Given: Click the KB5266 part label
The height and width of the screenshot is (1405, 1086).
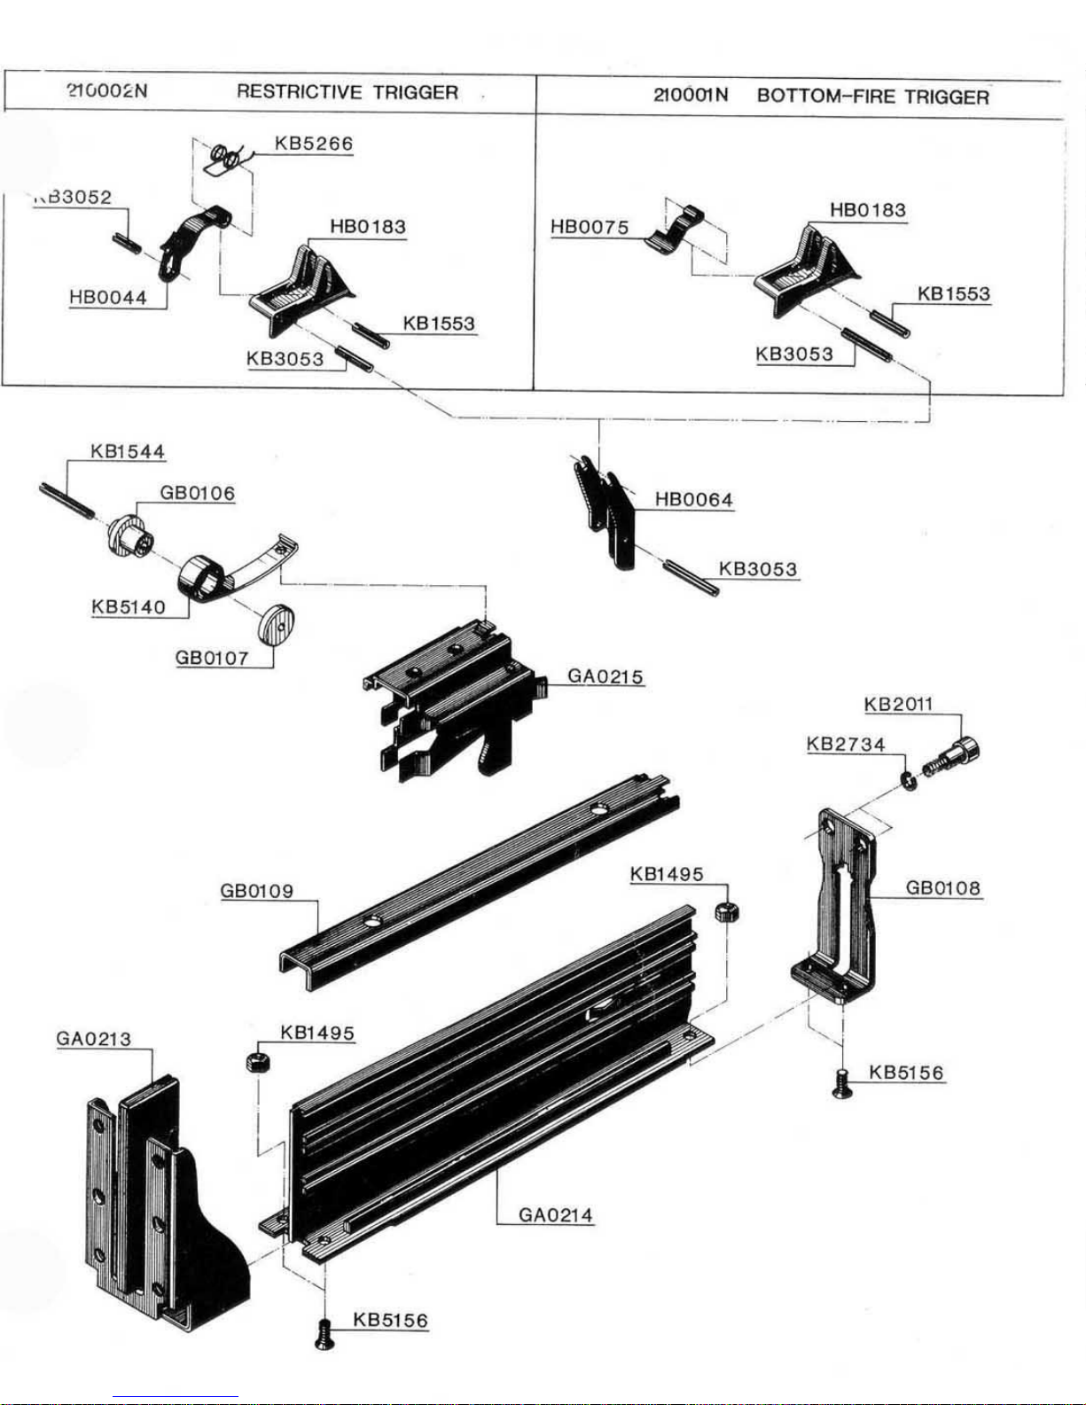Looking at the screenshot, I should click(313, 144).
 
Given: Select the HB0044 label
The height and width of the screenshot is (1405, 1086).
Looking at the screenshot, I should click(107, 298).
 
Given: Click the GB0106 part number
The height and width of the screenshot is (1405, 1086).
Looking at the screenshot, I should click(197, 494).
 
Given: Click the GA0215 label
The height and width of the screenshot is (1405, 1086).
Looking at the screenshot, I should click(605, 677).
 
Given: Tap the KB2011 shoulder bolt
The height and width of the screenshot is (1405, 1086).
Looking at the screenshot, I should click(953, 755).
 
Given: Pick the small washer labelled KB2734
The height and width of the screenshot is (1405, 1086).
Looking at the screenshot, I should click(907, 779).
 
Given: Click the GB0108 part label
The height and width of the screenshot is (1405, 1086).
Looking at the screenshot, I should click(943, 887).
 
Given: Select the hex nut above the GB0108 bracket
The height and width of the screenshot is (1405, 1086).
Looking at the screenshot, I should click(727, 911).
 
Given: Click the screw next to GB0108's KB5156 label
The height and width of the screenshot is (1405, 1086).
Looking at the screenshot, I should click(842, 1082).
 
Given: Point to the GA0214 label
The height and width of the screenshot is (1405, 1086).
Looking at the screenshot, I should click(556, 1214).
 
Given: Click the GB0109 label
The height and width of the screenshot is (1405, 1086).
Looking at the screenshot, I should click(256, 891).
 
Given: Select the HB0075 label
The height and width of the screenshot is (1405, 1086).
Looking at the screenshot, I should click(590, 228).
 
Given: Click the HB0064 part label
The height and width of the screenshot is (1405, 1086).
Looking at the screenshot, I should click(693, 500).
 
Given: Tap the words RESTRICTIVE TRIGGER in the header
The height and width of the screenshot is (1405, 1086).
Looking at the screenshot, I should click(348, 92).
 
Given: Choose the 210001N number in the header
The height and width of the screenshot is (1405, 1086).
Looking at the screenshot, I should click(690, 96).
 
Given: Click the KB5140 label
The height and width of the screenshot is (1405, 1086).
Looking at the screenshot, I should click(128, 607).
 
